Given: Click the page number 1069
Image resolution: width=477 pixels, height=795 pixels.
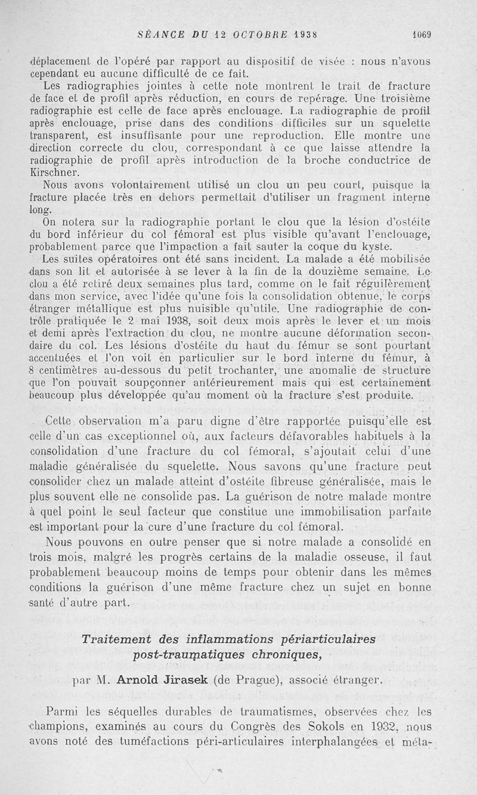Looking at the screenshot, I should pyautogui.click(x=422, y=34).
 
